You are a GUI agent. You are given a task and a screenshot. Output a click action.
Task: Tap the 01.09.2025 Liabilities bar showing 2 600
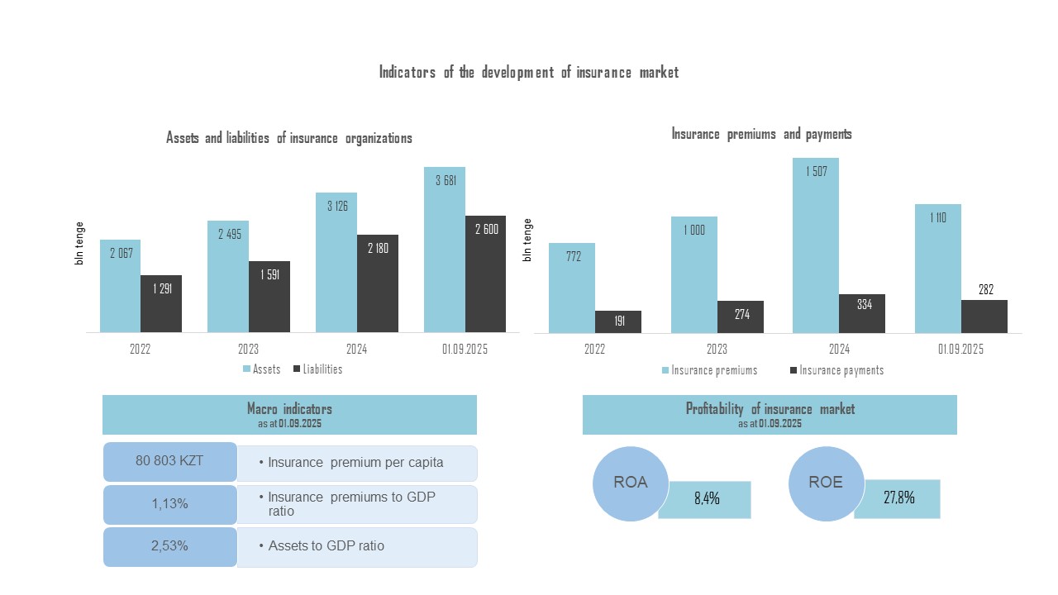pos(486,274)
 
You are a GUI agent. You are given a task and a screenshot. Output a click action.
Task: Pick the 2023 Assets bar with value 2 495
pos(228,277)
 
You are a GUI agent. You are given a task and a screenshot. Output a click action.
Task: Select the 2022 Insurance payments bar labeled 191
pos(618,322)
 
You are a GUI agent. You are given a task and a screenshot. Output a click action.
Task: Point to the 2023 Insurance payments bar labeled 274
pos(741,317)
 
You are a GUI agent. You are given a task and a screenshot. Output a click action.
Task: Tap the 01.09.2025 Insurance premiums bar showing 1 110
pos(938,269)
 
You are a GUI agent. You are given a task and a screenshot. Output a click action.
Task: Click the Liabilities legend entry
pos(317,369)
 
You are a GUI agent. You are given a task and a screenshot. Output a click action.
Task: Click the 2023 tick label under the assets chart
pos(249,349)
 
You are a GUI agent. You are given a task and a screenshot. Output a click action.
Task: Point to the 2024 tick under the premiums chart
pos(839,349)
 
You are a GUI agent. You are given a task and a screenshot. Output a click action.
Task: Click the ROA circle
pos(631,483)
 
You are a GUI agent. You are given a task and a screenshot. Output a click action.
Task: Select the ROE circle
pos(826,483)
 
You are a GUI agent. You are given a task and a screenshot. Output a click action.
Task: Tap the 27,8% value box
pos(898,498)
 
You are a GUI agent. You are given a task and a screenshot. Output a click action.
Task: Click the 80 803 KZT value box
pos(170,462)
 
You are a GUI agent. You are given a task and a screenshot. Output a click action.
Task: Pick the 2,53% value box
pos(170,546)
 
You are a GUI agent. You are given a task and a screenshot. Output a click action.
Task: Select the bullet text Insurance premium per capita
pos(356,463)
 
